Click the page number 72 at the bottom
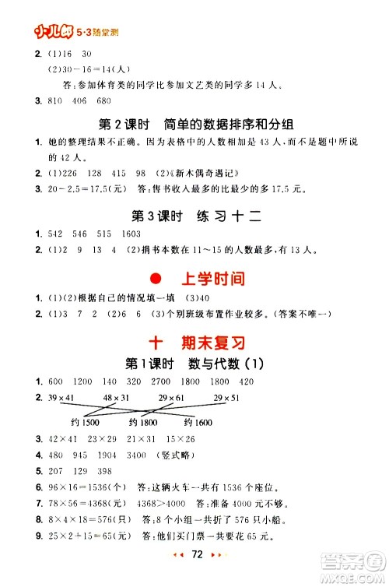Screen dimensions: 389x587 click(x=197, y=575)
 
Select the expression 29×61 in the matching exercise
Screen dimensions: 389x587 click(x=171, y=399)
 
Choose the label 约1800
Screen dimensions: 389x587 click(x=144, y=422)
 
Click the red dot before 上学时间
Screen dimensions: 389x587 click(x=155, y=279)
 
